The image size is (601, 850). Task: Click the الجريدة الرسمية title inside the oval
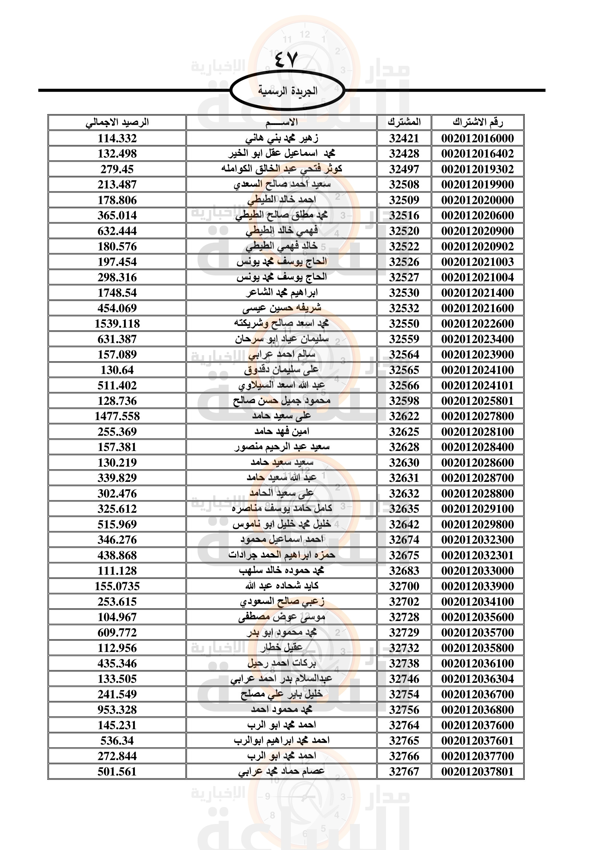(287, 91)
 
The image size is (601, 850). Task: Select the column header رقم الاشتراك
(477, 122)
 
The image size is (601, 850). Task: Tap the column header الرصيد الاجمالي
(117, 122)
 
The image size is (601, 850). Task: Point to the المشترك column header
(404, 122)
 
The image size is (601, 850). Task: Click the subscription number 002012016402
(477, 154)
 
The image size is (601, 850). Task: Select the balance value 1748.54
(117, 293)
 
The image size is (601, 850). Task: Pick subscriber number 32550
(404, 323)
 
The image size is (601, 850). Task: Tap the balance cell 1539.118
(117, 323)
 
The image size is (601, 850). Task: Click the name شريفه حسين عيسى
(282, 308)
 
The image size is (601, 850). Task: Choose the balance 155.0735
(117, 586)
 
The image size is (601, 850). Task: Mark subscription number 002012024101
(477, 385)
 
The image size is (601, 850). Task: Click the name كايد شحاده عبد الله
(282, 586)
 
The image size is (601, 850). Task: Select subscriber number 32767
(404, 772)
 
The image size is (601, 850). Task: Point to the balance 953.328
(117, 710)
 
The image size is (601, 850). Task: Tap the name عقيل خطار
(282, 648)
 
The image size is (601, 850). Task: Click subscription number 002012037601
(477, 740)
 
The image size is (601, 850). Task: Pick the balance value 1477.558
(117, 416)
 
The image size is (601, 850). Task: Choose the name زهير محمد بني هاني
(282, 138)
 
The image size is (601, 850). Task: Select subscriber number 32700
(404, 586)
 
